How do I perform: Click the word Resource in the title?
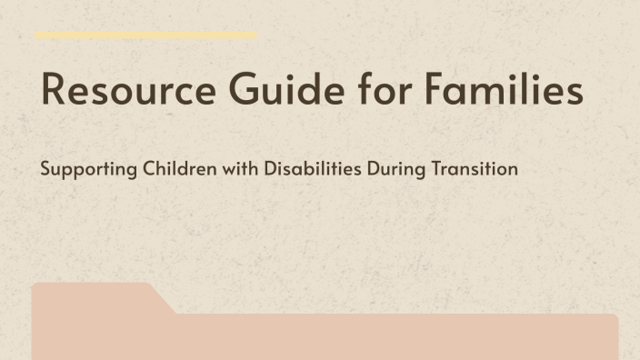coord(123,92)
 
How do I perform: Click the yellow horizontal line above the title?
coord(145,36)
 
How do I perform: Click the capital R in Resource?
coord(54,92)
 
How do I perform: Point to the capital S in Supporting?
coord(45,169)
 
